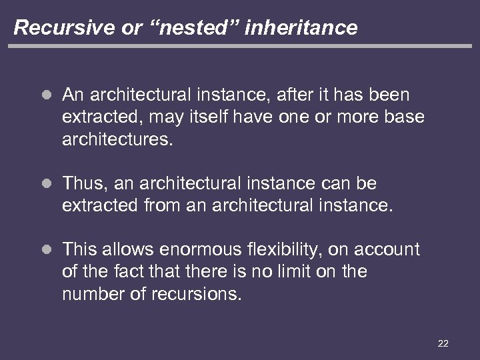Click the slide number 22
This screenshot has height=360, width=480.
[x=443, y=343]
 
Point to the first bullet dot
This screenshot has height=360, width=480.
[x=45, y=96]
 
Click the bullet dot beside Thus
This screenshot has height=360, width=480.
[x=45, y=182]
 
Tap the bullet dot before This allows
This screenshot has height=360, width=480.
[x=45, y=250]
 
